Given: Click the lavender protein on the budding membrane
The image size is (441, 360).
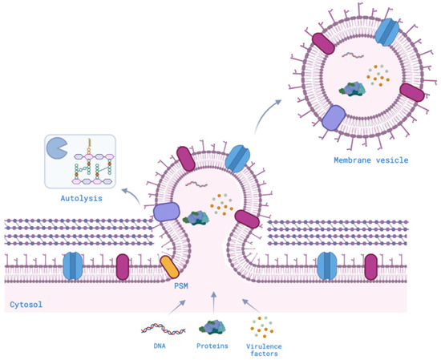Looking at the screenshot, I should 166,212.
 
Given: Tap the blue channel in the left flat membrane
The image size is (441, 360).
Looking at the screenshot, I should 73,264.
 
